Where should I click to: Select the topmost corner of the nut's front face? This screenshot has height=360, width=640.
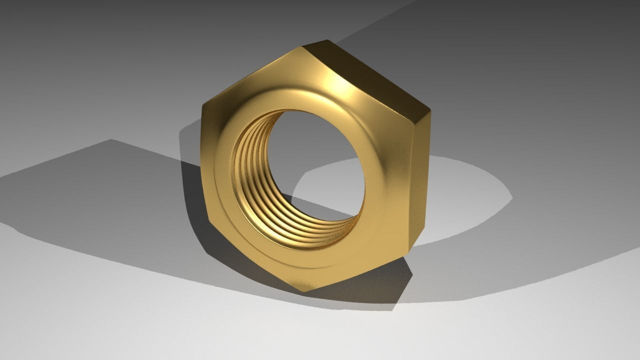coord(301,47)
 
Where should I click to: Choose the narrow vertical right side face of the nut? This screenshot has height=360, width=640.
coord(420,180)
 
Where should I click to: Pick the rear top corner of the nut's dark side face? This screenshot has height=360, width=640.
coord(327,40)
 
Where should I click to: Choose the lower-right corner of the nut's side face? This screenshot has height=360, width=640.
coord(409,253)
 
